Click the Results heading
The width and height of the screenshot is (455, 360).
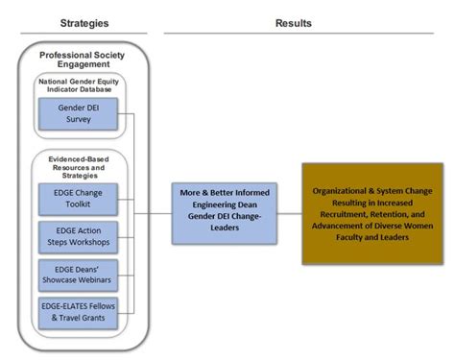(295, 21)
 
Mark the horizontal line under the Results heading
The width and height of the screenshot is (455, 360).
(295, 34)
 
